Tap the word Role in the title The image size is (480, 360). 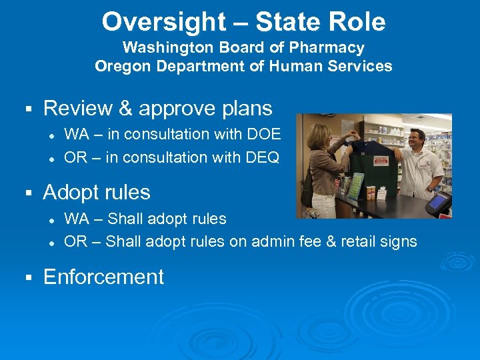click(x=360, y=22)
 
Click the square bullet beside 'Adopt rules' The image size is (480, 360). click(x=29, y=193)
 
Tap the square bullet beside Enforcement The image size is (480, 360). click(x=29, y=277)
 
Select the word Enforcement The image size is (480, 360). click(x=103, y=277)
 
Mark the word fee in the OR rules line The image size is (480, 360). click(x=311, y=241)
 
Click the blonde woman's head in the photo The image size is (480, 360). click(x=319, y=137)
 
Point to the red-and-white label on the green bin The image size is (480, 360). click(x=381, y=161)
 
